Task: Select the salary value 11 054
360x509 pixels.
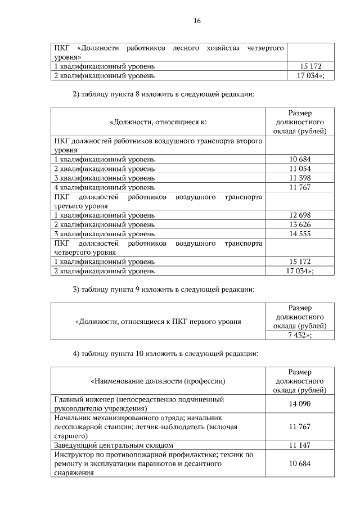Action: click(x=300, y=169)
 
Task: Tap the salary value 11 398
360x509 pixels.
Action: click(x=300, y=178)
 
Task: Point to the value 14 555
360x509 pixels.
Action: click(x=300, y=234)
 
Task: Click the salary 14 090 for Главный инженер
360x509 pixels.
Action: click(x=300, y=404)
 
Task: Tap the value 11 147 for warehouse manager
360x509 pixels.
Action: click(x=300, y=445)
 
